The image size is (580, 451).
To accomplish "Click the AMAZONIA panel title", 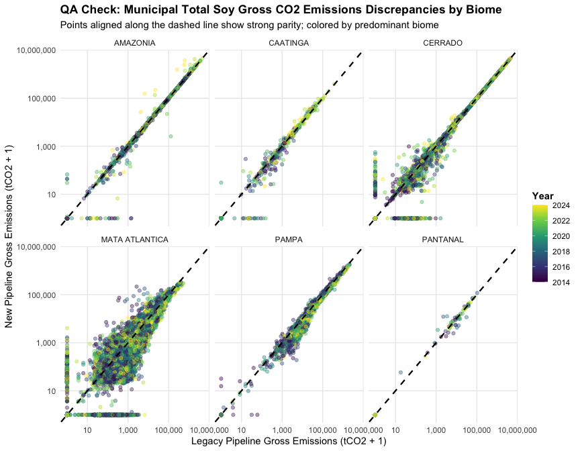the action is coord(135,43).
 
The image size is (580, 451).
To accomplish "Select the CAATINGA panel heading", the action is coord(289,43).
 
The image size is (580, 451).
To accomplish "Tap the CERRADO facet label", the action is coord(443,43).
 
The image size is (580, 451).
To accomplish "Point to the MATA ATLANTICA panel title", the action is coord(135,240).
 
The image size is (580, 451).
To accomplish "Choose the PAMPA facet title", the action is coord(289,240).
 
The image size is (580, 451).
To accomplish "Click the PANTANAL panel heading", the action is coord(443,240).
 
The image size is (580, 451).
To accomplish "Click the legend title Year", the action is coord(542,196).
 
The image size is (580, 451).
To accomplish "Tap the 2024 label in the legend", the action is coord(561,205).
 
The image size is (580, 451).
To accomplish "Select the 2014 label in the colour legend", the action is coord(561,283).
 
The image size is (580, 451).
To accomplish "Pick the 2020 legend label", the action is coord(561,236).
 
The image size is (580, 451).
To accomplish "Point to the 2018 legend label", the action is coord(561,252).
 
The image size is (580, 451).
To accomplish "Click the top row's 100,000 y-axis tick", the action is coord(42,99).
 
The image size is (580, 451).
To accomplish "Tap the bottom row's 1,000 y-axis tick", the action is coord(46,343).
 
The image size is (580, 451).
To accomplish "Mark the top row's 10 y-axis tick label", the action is coord(52,195).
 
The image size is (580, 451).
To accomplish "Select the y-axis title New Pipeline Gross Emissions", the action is coord(9,237).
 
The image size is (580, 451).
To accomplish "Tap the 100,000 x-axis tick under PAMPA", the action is coord(322,430).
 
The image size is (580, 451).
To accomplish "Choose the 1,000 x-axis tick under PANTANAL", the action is coord(436,430).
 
